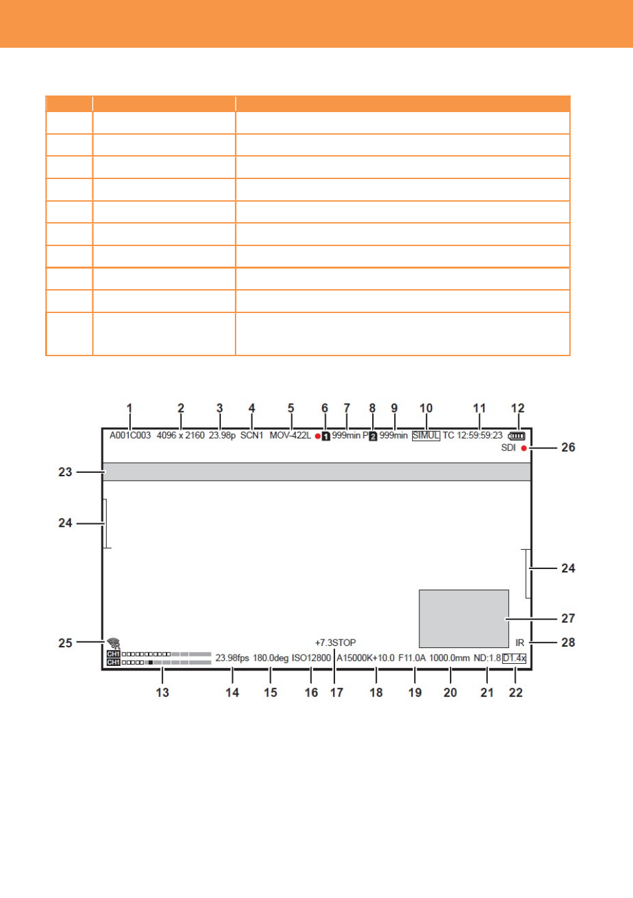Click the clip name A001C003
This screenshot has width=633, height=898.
pos(130,435)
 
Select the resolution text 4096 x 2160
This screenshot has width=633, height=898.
pos(180,435)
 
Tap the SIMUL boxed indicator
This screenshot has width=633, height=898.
pos(426,436)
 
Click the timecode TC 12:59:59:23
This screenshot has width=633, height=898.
pos(472,435)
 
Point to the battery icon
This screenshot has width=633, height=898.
pos(517,436)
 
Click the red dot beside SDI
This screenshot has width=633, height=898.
pos(524,448)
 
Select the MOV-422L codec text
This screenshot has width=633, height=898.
pos(290,435)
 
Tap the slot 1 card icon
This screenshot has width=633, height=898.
pos(326,436)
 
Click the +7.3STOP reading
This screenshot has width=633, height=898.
pos(335,643)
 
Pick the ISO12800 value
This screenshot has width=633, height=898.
pos(311,658)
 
